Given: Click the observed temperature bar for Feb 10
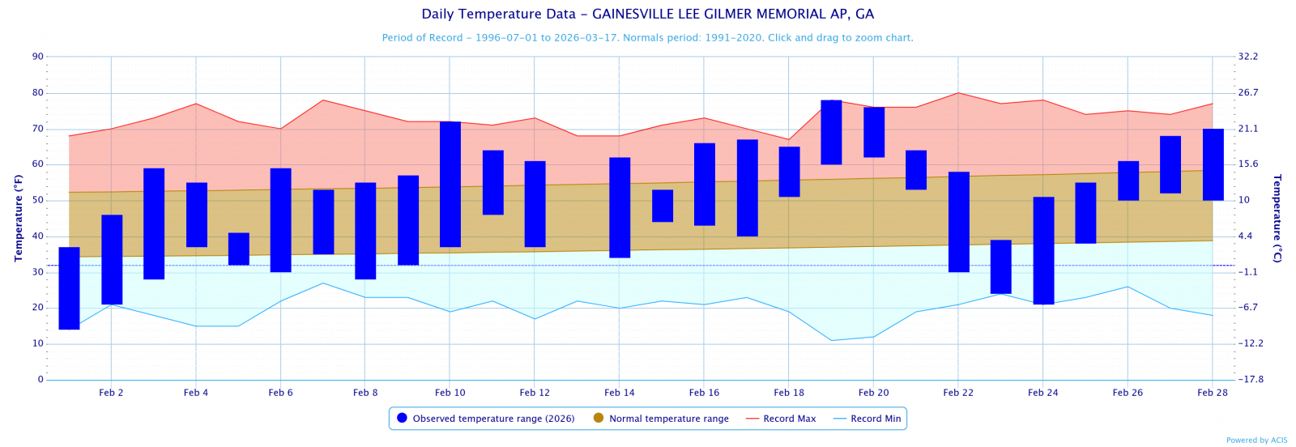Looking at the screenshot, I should (450, 184).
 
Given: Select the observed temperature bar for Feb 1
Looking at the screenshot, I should (70, 288).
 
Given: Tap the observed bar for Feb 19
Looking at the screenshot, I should (831, 132).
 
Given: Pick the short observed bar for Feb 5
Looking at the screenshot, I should (239, 249).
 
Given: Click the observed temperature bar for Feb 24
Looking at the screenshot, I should (1043, 250).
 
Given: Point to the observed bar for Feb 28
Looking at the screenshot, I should (1213, 164).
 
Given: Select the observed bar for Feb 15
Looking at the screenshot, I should (663, 206).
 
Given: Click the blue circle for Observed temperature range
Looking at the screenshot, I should (402, 418).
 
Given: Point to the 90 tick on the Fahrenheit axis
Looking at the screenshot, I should (38, 57).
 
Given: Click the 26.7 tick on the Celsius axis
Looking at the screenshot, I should (1248, 92).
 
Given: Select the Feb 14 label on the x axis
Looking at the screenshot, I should (619, 393).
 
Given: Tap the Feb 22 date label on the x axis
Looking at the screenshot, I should (958, 393).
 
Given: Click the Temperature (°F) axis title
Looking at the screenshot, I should (18, 218).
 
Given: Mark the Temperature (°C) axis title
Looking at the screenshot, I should (1277, 218).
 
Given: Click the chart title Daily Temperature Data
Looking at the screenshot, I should (647, 15).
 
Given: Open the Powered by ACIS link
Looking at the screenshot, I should (1256, 441).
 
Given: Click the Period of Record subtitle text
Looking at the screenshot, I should (647, 38).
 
